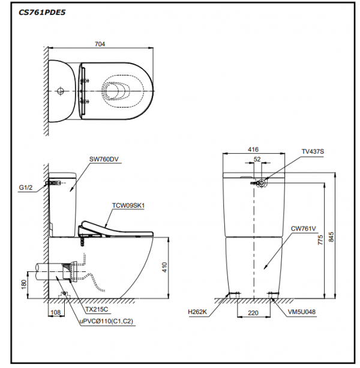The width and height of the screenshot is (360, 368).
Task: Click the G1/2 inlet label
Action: tap(25, 187)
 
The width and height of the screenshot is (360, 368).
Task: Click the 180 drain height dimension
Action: tap(24, 283)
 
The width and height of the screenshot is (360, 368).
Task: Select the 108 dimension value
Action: tap(56, 313)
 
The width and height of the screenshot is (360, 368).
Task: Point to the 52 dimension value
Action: tap(257, 159)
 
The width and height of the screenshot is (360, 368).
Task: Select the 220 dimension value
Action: tap(253, 313)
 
